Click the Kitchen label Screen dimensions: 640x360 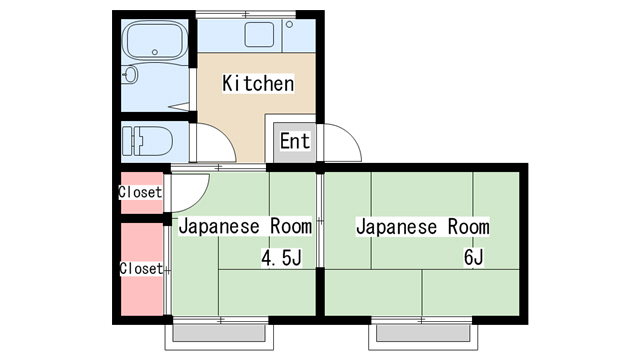(x=258, y=83)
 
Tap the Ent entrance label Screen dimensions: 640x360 (x=295, y=141)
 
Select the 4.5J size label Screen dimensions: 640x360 (x=281, y=258)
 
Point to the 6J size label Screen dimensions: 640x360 (x=473, y=258)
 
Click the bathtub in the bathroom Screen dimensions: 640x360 (x=154, y=40)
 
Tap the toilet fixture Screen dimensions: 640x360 (x=147, y=141)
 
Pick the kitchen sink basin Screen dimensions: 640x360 (x=259, y=35)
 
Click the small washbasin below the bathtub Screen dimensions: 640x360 (x=131, y=75)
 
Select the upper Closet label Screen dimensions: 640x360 (x=140, y=192)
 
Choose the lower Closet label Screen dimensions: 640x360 (x=141, y=268)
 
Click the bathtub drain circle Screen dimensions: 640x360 (x=155, y=52)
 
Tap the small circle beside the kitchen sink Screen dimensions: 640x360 (x=289, y=24)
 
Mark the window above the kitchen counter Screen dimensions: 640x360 (x=246, y=15)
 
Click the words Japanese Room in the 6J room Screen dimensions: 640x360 (x=423, y=227)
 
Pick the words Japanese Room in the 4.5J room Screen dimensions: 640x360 (x=245, y=227)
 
